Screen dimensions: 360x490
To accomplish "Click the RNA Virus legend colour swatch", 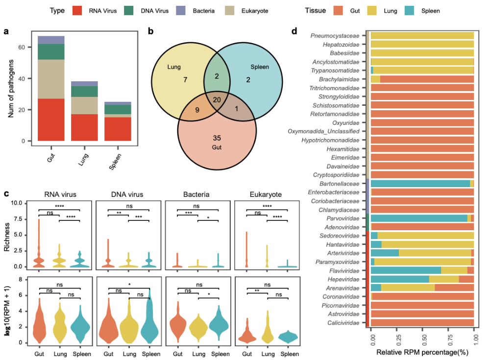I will (x=79, y=10).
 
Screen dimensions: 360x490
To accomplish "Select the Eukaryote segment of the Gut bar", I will (x=51, y=79).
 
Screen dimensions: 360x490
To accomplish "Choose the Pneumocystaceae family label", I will (x=335, y=35).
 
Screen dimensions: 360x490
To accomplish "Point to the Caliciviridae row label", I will (x=341, y=322).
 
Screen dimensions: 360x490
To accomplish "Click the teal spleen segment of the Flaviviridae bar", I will (x=406, y=270).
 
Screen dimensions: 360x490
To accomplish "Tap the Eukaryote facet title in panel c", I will (x=267, y=194).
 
